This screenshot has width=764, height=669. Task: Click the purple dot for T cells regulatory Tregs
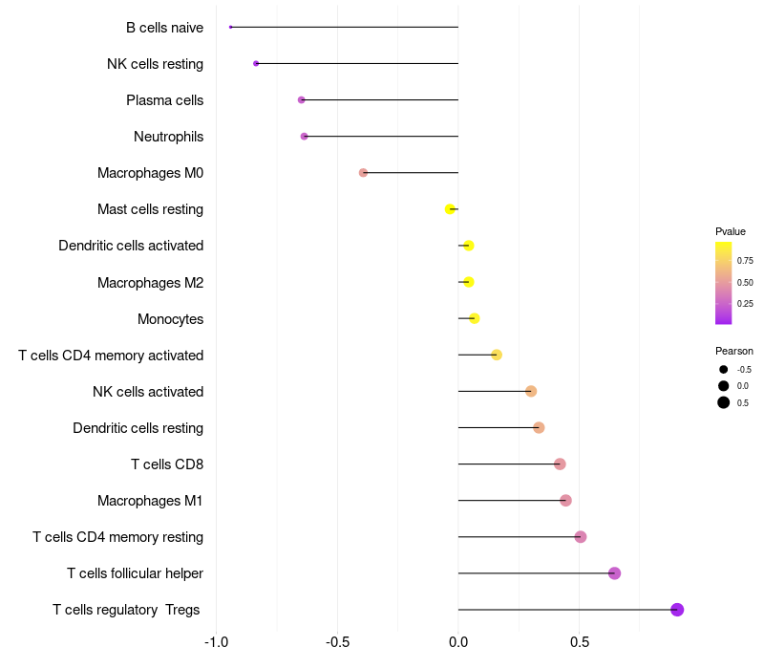tap(677, 610)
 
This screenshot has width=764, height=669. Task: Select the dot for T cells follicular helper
tap(614, 573)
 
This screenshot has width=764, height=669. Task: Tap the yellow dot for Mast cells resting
tap(450, 209)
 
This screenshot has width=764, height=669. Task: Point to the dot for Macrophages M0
tap(363, 173)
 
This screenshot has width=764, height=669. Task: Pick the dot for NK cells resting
tap(256, 63)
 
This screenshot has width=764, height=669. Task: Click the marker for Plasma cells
tap(302, 99)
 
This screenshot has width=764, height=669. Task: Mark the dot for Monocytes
tap(474, 318)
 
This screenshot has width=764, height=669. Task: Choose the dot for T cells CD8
tap(560, 464)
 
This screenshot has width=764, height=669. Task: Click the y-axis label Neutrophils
tap(168, 137)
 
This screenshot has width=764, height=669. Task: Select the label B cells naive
tap(164, 28)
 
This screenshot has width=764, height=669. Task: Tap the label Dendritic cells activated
tap(131, 246)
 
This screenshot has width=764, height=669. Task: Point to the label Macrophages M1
tap(150, 501)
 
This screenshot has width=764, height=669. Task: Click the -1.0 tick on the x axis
tap(217, 641)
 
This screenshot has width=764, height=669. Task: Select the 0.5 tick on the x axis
tap(580, 641)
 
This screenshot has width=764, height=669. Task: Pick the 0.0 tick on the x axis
tap(458, 641)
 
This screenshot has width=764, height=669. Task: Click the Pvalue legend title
tap(731, 231)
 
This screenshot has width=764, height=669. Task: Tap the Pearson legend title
tap(734, 351)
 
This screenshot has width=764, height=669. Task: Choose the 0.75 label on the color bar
tap(745, 260)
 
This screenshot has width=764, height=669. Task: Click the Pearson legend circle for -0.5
tap(724, 369)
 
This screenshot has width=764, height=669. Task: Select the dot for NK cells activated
tap(531, 391)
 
